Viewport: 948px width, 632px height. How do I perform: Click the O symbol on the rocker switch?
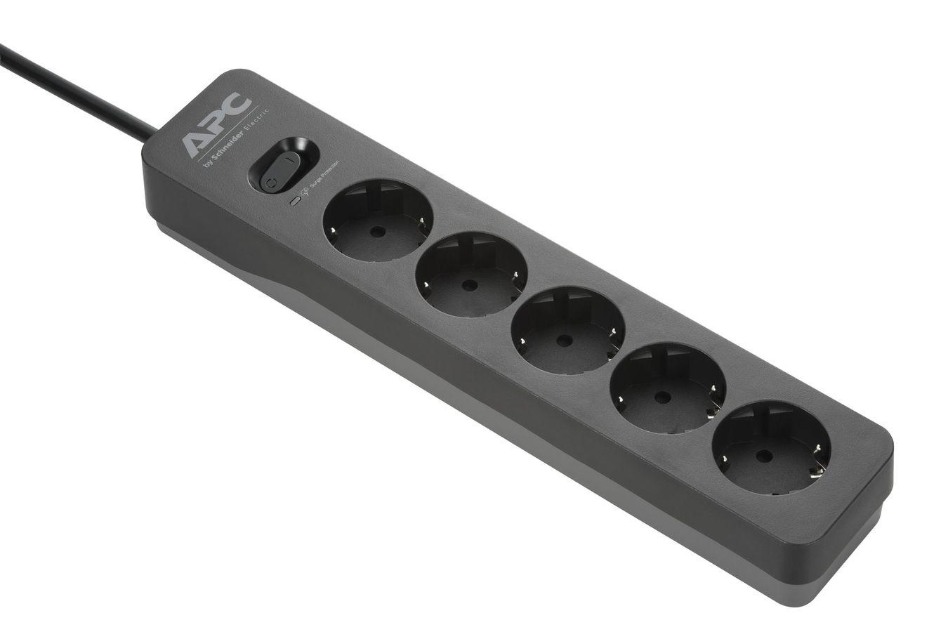[x=270, y=181]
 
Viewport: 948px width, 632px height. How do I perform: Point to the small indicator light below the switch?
[x=296, y=199]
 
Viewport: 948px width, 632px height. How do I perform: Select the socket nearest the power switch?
[x=377, y=220]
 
